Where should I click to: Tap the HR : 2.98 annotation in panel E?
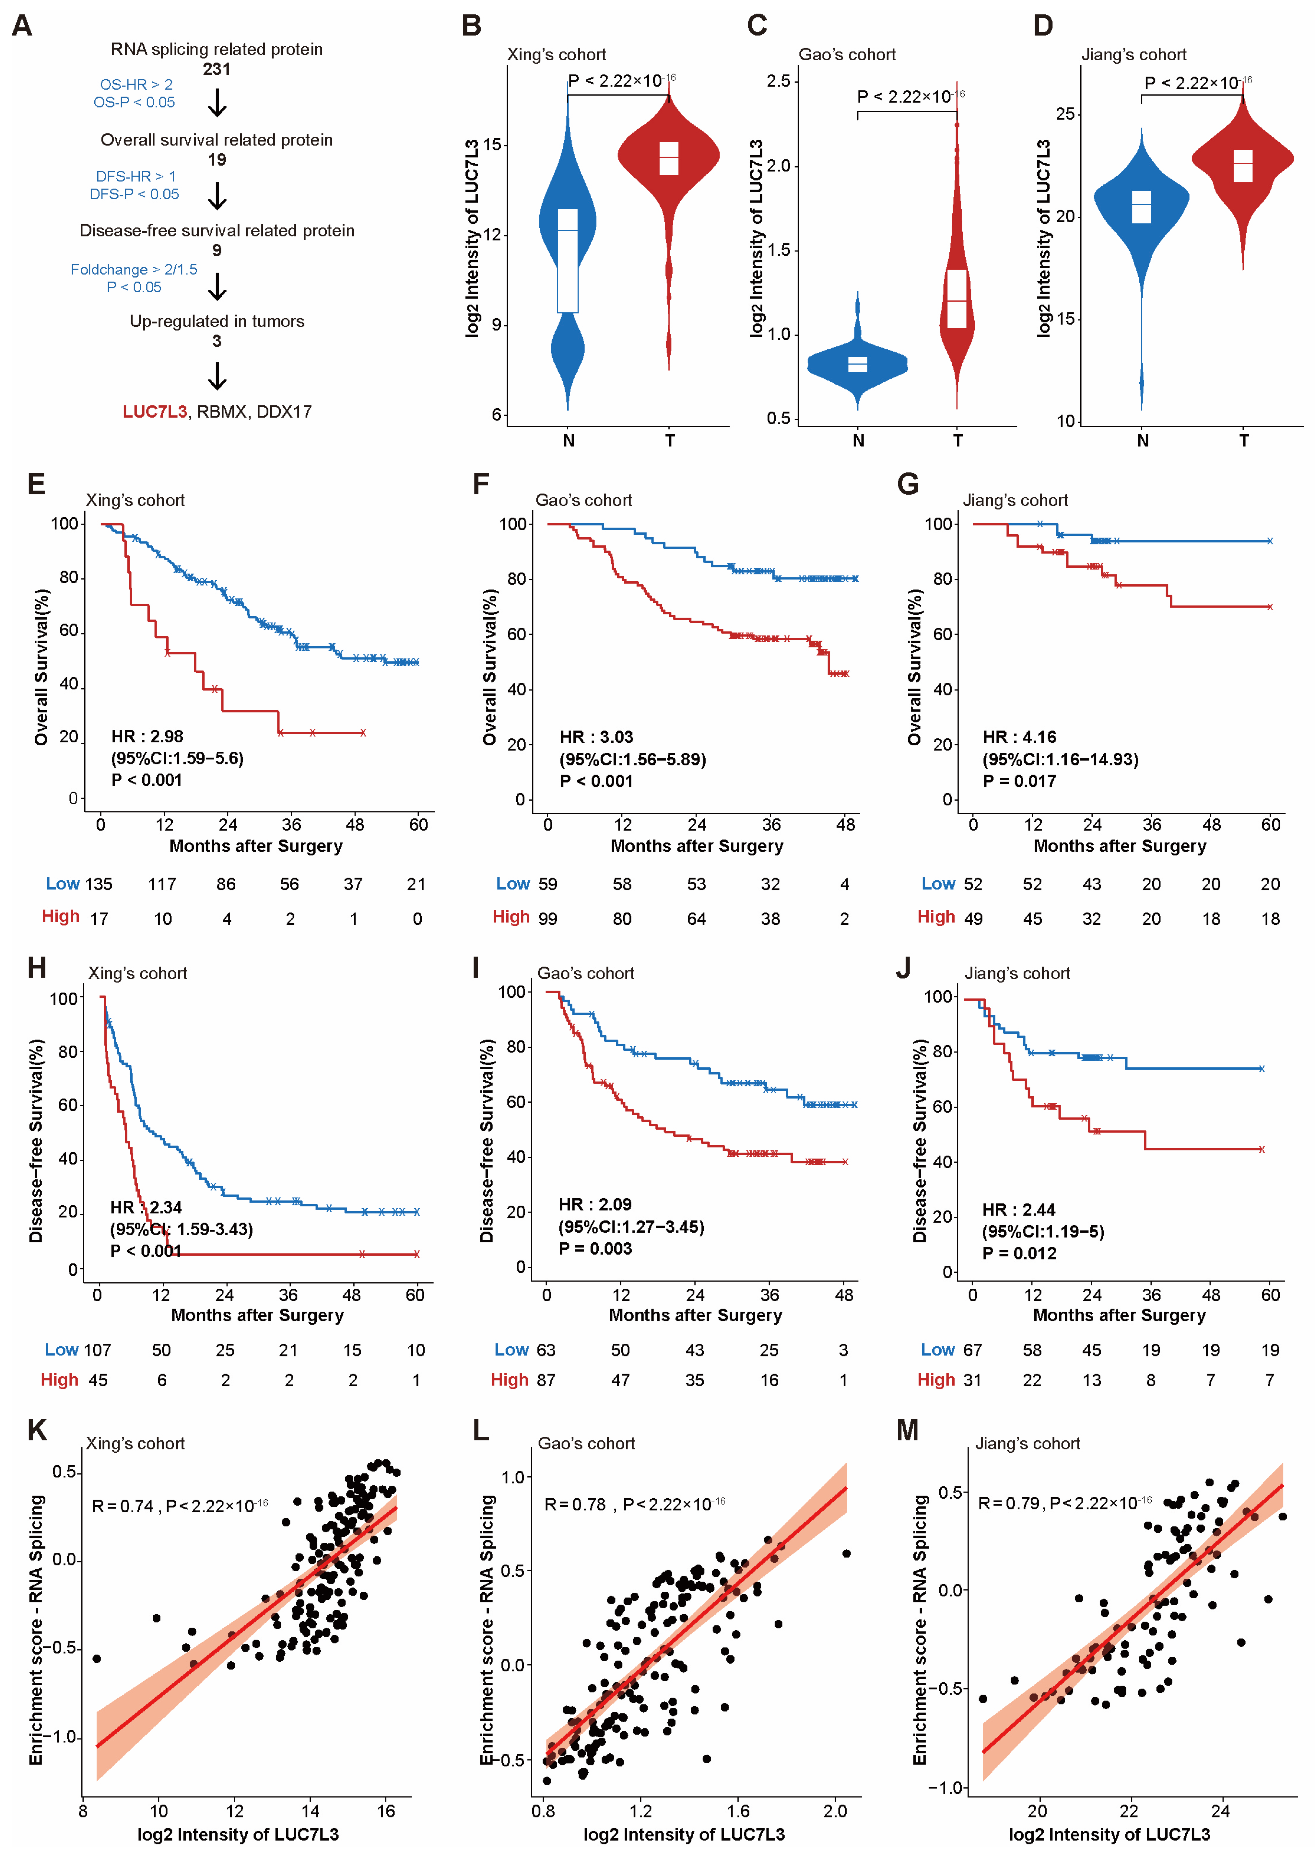pyautogui.click(x=147, y=736)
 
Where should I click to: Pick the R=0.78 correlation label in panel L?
pyautogui.click(x=575, y=1505)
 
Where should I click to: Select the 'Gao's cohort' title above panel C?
pyautogui.click(x=847, y=54)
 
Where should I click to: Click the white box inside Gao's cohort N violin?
pyautogui.click(x=858, y=364)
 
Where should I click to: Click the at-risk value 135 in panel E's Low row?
pyautogui.click(x=99, y=884)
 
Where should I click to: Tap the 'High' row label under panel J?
pyautogui.click(x=936, y=1380)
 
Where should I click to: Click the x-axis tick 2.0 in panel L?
pyautogui.click(x=835, y=1810)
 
